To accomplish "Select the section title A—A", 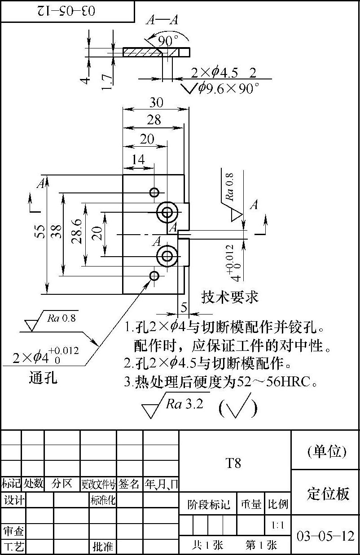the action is [x=162, y=20].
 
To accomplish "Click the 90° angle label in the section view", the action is [x=168, y=41].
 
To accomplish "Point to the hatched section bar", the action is [x=141, y=52].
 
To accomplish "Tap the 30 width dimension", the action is [x=156, y=103].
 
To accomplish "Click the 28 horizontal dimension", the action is [x=154, y=120].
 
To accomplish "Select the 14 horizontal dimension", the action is [x=138, y=160].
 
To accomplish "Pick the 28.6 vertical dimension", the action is [x=77, y=231].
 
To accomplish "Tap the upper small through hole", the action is [x=154, y=192].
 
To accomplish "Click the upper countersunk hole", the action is [x=167, y=213].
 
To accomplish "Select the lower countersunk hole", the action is [x=167, y=256].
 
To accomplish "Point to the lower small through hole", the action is [x=154, y=275].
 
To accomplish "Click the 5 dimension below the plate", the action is [x=184, y=307].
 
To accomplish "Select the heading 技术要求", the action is [x=230, y=297].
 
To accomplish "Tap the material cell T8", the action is [x=233, y=463].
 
